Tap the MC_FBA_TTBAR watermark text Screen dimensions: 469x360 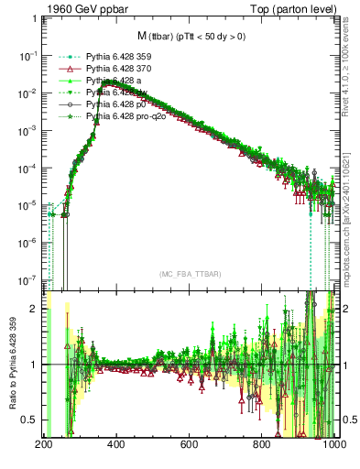coord(189,274)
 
